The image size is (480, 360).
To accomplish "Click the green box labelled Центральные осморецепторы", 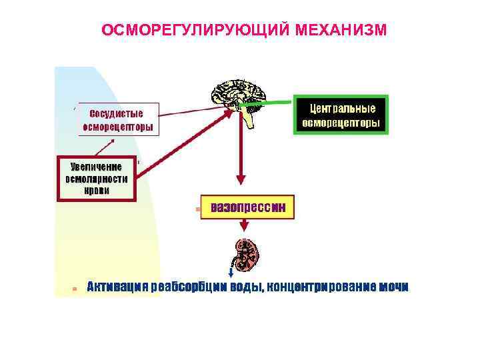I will (x=340, y=115).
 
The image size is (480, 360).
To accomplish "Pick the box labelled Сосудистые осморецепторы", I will (x=118, y=119).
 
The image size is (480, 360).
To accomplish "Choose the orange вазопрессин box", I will (x=248, y=207).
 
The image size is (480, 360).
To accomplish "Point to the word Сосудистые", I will (x=116, y=112).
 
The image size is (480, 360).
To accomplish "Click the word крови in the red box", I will (x=97, y=190).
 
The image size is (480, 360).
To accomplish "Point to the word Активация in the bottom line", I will (x=117, y=287).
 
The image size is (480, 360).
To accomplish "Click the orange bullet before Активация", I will (x=75, y=289).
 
